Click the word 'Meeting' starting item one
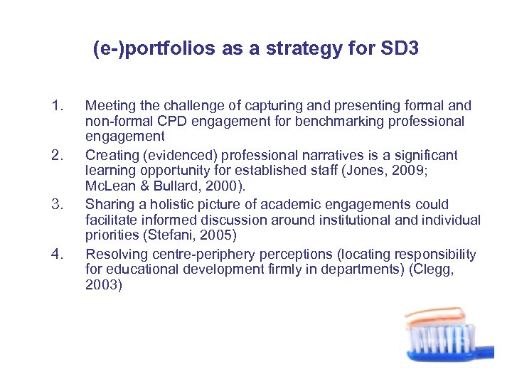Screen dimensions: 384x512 click(x=109, y=106)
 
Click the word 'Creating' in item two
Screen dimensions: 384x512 click(x=110, y=155)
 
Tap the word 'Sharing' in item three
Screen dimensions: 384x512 click(x=107, y=205)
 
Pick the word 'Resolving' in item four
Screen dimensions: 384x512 click(x=114, y=254)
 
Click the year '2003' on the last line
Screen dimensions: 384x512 click(x=101, y=286)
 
